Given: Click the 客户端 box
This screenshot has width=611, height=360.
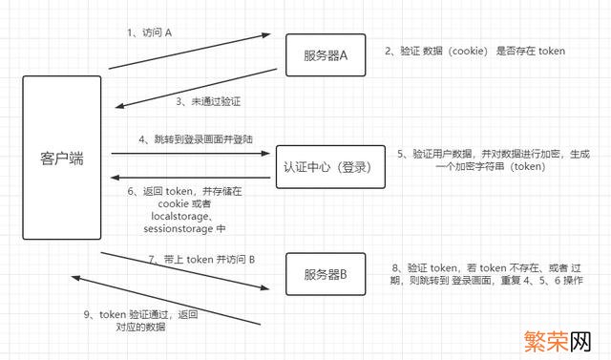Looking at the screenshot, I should (x=62, y=159).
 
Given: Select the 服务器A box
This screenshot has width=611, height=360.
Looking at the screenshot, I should (x=327, y=55).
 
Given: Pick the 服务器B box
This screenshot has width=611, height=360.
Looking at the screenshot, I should (x=327, y=275).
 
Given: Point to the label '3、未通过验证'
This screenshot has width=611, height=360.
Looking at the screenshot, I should (x=207, y=100).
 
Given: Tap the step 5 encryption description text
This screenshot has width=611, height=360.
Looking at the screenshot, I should (x=490, y=159).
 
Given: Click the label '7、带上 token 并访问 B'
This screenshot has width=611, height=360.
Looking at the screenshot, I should (x=195, y=259).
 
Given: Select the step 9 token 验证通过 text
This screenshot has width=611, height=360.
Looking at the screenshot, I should (x=145, y=320).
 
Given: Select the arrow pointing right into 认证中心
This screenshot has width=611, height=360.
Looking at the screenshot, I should (x=191, y=153).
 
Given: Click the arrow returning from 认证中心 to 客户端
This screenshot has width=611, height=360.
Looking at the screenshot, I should (x=191, y=177).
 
